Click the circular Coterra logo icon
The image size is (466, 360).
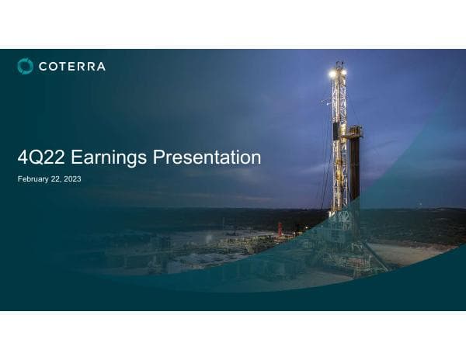pyautogui.click(x=26, y=67)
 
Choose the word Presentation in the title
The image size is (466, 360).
pyautogui.click(x=207, y=158)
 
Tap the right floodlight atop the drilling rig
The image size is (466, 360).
pyautogui.click(x=343, y=72)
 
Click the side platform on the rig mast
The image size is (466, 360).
pyautogui.click(x=353, y=132)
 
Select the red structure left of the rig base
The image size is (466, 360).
pyautogui.click(x=280, y=228)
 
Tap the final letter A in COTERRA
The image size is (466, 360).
pyautogui.click(x=100, y=67)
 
